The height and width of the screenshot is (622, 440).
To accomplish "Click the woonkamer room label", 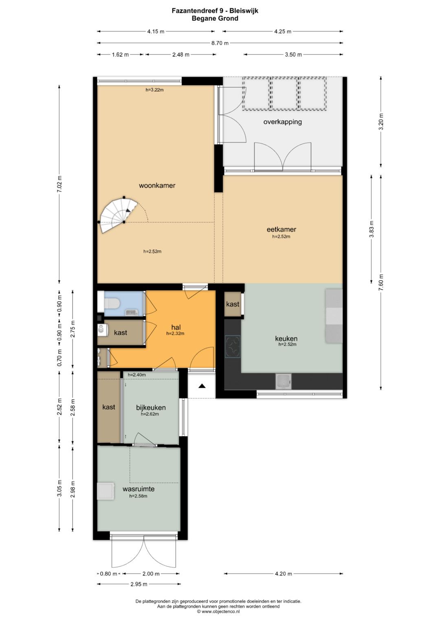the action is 157,185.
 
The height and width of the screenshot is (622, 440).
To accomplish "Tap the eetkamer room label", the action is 282,229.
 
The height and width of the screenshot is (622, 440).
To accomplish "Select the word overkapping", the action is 282,122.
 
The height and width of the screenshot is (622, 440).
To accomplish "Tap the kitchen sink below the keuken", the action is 284,381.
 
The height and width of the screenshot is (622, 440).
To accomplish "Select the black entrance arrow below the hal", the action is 202,386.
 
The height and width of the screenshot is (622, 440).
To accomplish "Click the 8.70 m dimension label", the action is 220,43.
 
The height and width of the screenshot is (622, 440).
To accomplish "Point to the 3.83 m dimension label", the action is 372,229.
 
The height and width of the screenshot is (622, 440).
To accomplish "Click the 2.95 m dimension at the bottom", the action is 139,584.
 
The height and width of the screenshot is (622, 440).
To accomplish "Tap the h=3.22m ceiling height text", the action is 155,90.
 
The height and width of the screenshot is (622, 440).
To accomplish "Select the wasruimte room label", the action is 139,489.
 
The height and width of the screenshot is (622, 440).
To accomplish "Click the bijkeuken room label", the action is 151,408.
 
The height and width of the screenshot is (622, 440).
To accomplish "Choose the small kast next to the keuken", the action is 233,304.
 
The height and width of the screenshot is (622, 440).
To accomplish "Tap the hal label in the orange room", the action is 176,327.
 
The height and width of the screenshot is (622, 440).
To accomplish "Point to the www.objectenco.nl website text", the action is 221,611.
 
